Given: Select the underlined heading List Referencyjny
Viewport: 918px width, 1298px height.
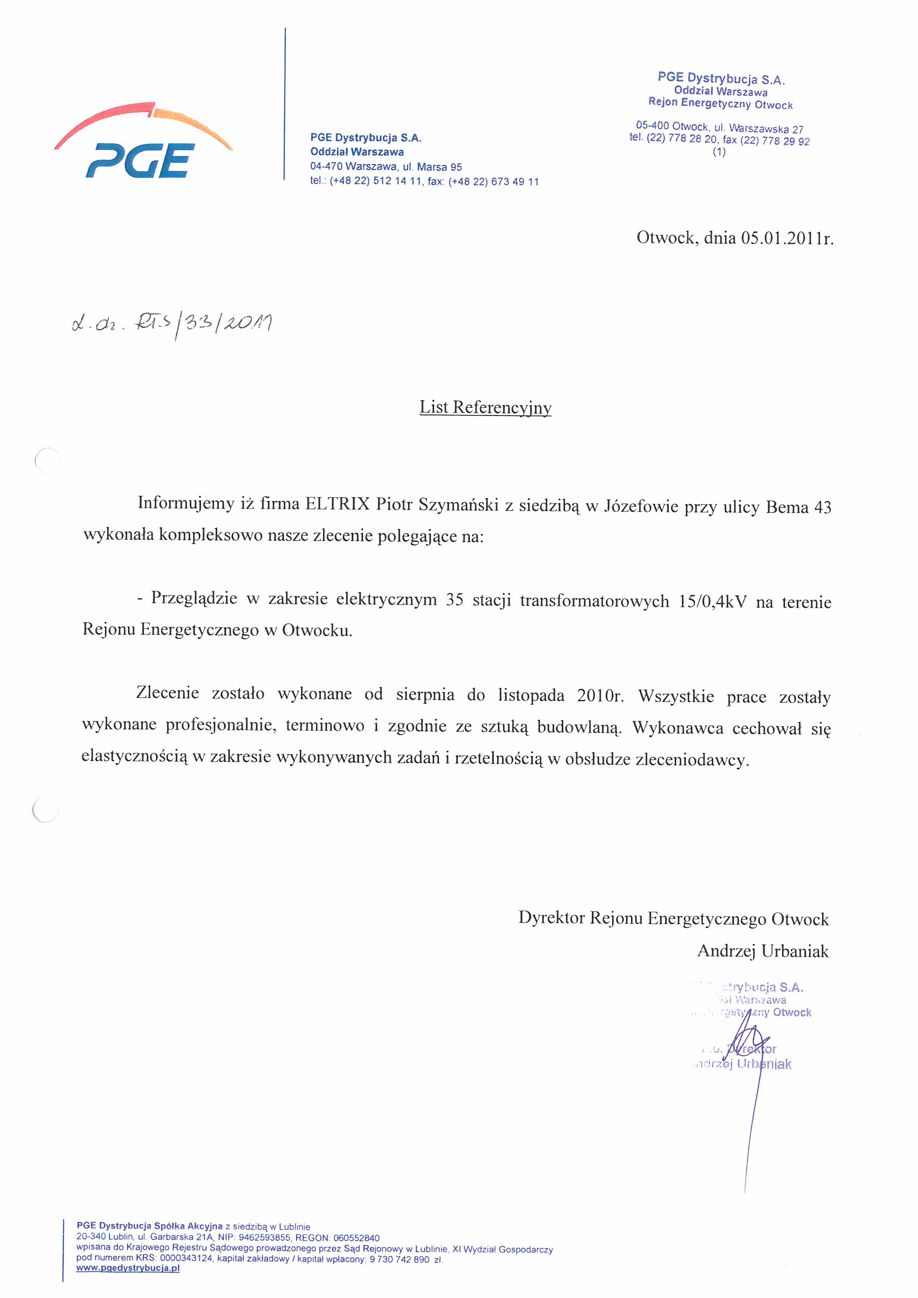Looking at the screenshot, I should pyautogui.click(x=485, y=407).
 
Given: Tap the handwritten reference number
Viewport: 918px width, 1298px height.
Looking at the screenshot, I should pyautogui.click(x=172, y=325).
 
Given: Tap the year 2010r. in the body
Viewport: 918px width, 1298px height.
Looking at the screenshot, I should pyautogui.click(x=600, y=695).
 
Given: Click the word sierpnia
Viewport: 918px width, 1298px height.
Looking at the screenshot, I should pyautogui.click(x=425, y=694).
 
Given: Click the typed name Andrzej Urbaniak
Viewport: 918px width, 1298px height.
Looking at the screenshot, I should pyautogui.click(x=763, y=951).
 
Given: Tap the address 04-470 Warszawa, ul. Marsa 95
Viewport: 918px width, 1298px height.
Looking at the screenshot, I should pyautogui.click(x=386, y=167).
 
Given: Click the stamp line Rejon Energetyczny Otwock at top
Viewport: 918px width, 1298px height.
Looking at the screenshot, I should pyautogui.click(x=720, y=104).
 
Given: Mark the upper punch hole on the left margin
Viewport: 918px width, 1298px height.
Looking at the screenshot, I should pyautogui.click(x=47, y=460).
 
